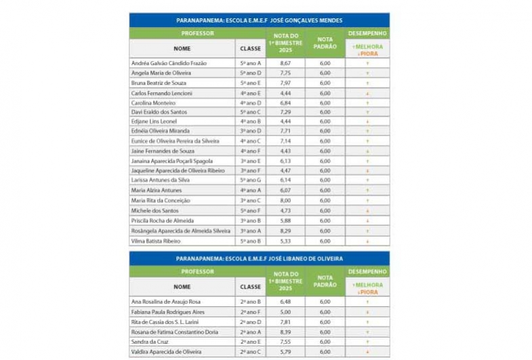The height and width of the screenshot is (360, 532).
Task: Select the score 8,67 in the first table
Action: (285, 63)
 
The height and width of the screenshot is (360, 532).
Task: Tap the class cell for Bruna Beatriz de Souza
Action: (250, 83)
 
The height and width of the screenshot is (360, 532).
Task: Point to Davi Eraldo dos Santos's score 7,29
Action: (285, 112)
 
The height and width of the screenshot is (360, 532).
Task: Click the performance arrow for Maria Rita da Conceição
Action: (367, 201)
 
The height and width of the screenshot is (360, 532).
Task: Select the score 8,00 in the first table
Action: (285, 201)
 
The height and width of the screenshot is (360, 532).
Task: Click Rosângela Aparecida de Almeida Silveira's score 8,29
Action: (285, 231)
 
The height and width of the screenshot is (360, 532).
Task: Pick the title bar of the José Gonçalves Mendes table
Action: (259, 20)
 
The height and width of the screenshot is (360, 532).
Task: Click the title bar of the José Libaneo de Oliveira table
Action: (259, 258)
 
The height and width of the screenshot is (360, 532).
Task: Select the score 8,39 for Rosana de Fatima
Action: (285, 332)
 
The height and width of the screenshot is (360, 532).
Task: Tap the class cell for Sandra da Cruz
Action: (250, 342)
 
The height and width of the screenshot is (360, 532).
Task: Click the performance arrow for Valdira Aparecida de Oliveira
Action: (367, 353)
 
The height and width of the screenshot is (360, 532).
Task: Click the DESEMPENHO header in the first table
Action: (367, 33)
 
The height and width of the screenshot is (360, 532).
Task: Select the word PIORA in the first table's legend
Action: (370, 53)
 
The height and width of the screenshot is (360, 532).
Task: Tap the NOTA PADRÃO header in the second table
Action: (325, 281)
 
